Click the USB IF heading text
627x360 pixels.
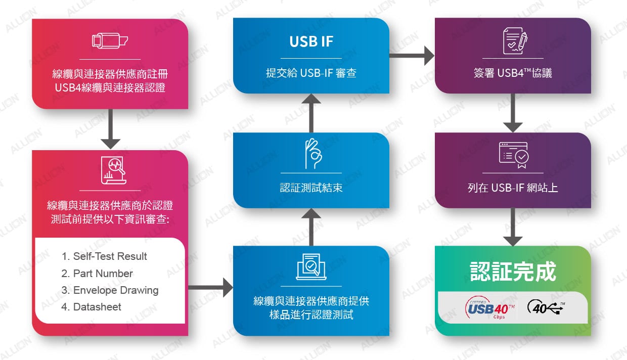(311, 41)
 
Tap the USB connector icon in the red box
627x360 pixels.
(110, 41)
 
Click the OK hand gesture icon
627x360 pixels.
(311, 153)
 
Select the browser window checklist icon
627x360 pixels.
(514, 155)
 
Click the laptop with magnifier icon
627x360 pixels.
(311, 266)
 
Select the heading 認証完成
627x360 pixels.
(513, 271)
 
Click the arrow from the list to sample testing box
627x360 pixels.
(210, 288)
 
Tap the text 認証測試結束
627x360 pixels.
(311, 188)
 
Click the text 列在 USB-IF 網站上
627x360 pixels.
(513, 188)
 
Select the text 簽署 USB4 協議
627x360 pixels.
(513, 73)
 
